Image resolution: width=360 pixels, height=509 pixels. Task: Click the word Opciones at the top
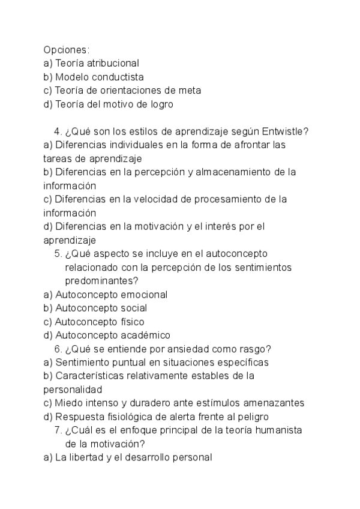pyautogui.click(x=65, y=49)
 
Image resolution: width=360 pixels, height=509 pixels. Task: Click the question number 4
pyautogui.click(x=57, y=132)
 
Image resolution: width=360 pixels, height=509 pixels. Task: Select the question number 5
pyautogui.click(x=57, y=253)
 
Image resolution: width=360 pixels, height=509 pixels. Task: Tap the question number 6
pyautogui.click(x=57, y=349)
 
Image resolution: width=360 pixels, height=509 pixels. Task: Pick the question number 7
pyautogui.click(x=57, y=431)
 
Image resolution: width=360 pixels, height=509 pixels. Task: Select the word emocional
pyautogui.click(x=144, y=295)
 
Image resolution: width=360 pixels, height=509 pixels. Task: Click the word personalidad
pyautogui.click(x=70, y=390)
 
